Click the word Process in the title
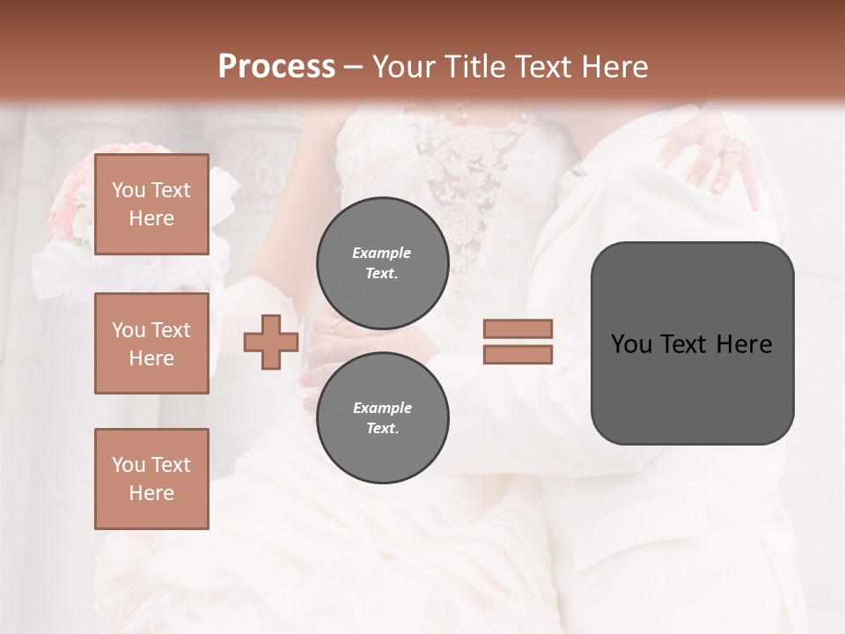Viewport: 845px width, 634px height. coord(276,67)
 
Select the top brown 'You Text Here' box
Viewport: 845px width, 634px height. coord(151,204)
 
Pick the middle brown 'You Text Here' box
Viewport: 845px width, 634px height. coord(151,343)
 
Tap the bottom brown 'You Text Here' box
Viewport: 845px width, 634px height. coord(151,478)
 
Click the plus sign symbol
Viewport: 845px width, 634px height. coord(271,342)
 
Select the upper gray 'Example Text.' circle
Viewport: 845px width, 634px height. coord(382,262)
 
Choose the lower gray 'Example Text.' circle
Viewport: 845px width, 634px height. coord(382,417)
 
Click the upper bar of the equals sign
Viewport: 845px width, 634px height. coord(518,328)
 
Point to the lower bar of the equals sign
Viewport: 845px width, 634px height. coord(518,354)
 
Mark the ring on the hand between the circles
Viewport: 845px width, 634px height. coord(334,326)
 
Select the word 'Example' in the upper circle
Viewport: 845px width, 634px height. coord(382,253)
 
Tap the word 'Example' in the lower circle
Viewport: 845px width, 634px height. coord(382,408)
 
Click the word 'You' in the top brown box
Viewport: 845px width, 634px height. coord(129,190)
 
